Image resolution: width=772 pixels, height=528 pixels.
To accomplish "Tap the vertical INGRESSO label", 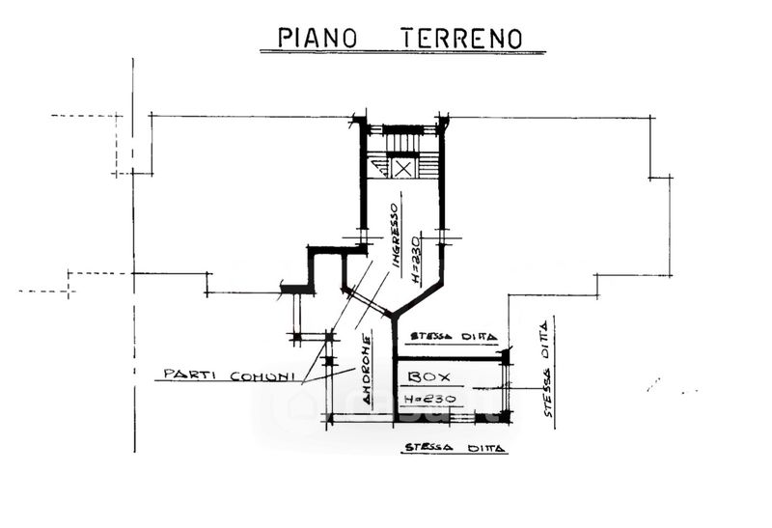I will (x=395, y=235).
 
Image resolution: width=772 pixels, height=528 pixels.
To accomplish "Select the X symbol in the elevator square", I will (x=403, y=169).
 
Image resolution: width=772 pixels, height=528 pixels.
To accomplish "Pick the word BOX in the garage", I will (x=424, y=375).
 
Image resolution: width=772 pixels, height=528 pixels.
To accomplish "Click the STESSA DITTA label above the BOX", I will (x=453, y=337).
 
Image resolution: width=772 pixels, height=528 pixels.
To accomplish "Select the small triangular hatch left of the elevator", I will (x=380, y=170).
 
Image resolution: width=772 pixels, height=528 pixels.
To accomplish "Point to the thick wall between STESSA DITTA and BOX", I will (x=451, y=354).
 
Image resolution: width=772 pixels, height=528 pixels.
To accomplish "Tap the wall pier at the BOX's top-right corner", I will (x=505, y=356).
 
